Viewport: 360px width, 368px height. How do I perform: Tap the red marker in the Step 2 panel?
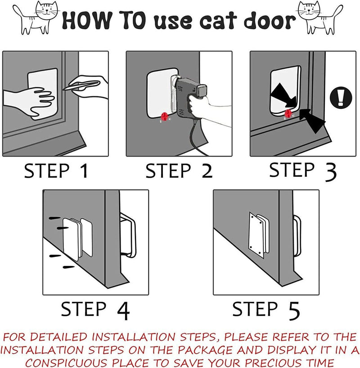165,117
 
